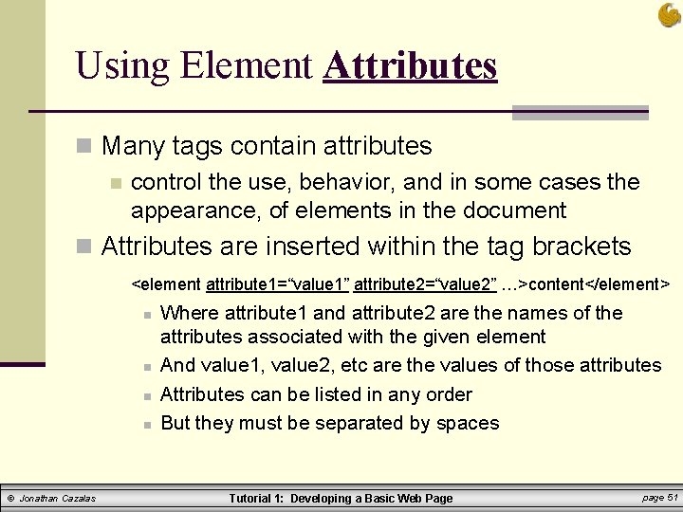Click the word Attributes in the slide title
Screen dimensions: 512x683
[410, 65]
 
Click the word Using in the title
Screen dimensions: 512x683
[120, 65]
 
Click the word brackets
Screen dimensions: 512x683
[581, 247]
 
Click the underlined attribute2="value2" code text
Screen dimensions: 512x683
[424, 284]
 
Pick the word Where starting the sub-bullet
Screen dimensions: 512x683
[188, 313]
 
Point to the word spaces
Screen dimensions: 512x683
[468, 423]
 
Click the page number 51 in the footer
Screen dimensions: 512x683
[673, 497]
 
